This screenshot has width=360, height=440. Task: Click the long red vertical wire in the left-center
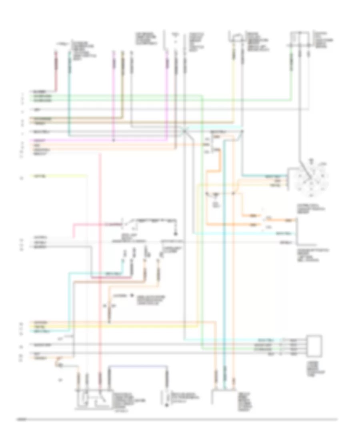coord(100,260)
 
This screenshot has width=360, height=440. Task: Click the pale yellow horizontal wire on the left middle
coord(60,175)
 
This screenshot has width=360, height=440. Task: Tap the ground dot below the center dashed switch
coord(175,234)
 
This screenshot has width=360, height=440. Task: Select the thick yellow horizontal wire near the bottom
coord(120,327)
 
